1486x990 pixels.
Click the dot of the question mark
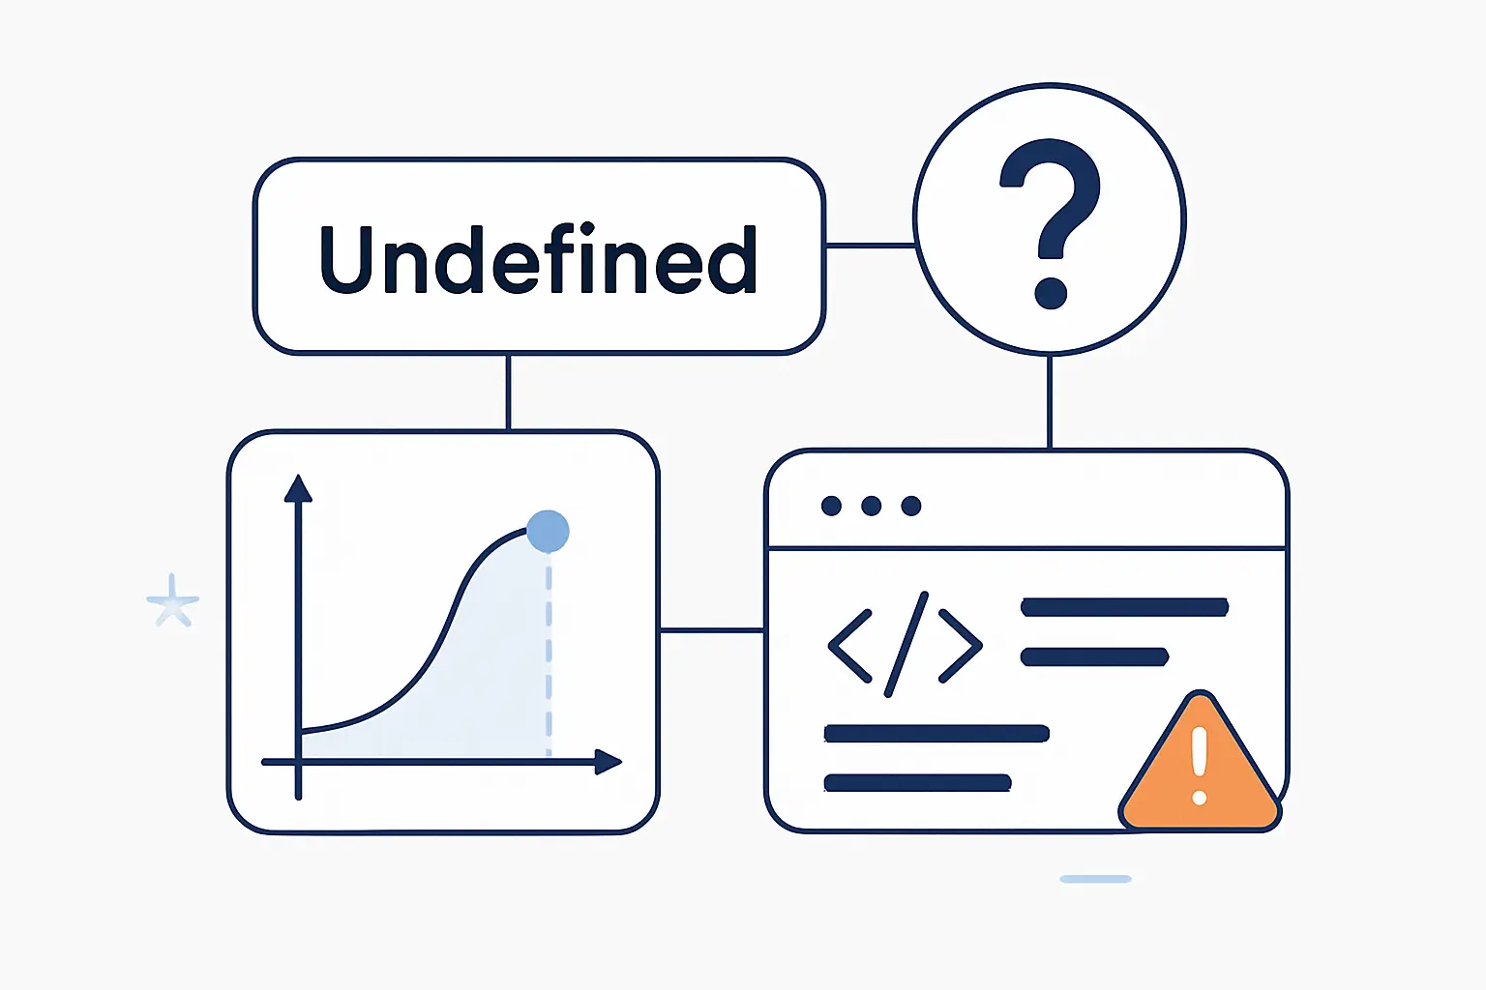click(1051, 292)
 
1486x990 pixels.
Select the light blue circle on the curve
click(548, 531)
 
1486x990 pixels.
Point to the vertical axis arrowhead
click(298, 488)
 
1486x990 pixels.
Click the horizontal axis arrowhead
click(608, 762)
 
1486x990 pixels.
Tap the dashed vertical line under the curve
click(549, 655)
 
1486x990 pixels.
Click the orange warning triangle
click(1200, 763)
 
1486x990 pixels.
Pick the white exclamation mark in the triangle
click(1200, 766)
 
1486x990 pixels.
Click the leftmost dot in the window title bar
click(831, 506)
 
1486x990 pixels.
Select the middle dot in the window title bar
click(871, 506)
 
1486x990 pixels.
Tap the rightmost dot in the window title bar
click(911, 506)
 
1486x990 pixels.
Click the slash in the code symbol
click(906, 645)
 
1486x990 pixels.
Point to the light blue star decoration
click(172, 600)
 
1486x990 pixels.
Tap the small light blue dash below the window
click(1095, 879)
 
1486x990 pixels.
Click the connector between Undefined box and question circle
click(871, 246)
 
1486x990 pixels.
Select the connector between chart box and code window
click(712, 630)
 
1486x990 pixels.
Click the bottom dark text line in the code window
click(917, 783)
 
